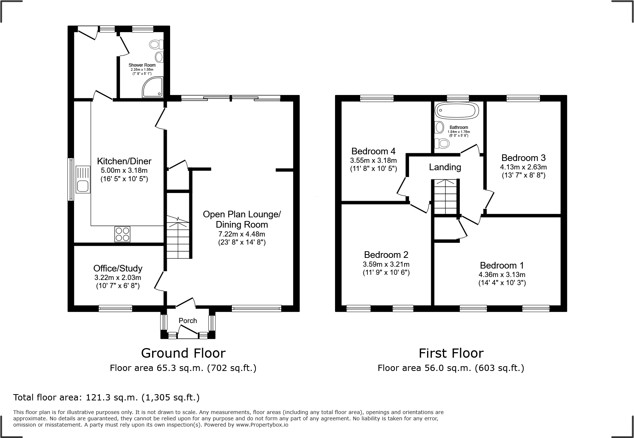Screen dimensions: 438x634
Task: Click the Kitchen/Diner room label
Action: [124, 161]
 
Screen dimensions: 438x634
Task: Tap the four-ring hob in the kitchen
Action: [122, 234]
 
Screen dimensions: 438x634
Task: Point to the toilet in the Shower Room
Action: [156, 45]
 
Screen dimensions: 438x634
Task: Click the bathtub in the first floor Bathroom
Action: [457, 111]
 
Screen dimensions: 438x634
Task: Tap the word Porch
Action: [188, 320]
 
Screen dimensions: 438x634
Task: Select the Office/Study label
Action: [117, 268]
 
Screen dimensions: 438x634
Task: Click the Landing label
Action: [445, 167]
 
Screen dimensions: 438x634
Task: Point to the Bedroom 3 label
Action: [523, 158]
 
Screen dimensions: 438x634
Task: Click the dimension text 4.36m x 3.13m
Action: [502, 274]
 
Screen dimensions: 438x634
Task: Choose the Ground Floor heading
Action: [183, 353]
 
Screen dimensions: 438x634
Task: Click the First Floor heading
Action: [451, 353]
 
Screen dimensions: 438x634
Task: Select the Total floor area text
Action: [106, 397]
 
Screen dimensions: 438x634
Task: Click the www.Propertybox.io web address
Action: [262, 425]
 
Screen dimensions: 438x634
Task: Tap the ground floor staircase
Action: [179, 238]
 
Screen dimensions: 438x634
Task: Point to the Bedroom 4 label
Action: [373, 151]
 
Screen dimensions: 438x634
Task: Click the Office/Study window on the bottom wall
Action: [115, 308]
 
